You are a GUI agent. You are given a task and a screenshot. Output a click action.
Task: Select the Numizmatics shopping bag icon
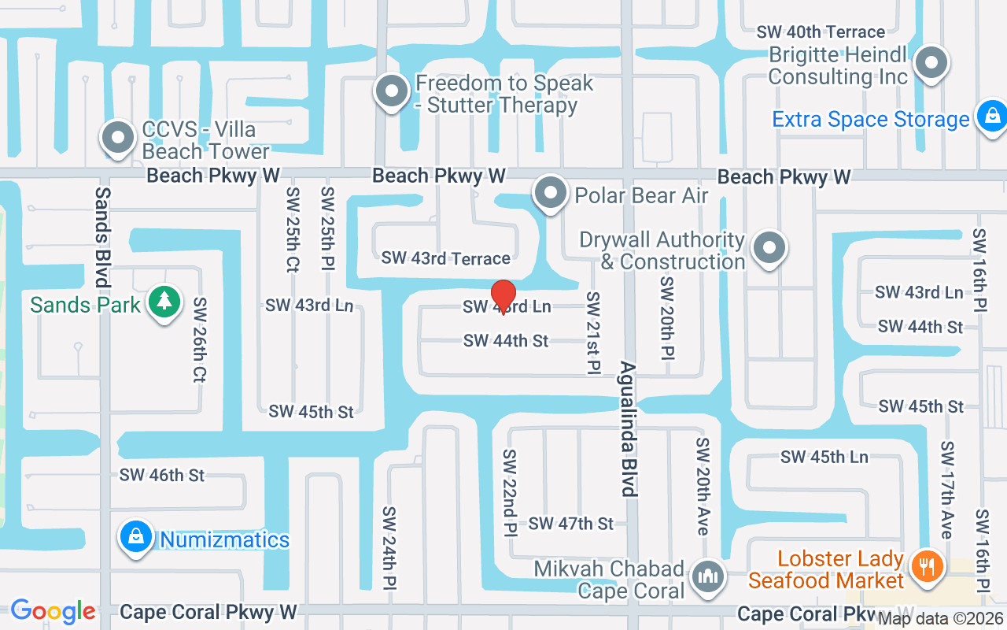click(136, 539)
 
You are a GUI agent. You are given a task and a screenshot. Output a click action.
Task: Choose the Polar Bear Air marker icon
click(550, 193)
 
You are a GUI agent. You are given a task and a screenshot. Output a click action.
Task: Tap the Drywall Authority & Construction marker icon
click(769, 249)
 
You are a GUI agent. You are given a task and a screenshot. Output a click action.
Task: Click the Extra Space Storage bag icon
click(991, 117)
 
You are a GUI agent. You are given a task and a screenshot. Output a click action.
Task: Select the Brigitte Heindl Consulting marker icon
click(931, 62)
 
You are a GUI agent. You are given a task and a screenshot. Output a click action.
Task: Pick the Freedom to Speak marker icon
click(391, 92)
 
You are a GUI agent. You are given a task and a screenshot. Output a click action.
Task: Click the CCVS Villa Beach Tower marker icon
click(118, 139)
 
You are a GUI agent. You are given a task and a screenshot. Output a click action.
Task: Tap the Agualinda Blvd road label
click(629, 429)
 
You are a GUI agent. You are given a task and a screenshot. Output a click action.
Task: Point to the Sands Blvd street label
click(102, 236)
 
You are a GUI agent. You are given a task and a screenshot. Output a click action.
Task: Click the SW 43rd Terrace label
click(446, 258)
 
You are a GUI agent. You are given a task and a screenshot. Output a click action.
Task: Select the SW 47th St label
click(571, 524)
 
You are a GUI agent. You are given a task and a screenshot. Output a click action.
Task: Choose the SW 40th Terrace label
click(821, 32)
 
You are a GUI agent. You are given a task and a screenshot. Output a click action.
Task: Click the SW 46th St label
click(162, 475)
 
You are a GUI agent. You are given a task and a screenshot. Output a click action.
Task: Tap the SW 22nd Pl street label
click(510, 492)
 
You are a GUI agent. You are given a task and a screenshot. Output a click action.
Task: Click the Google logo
click(53, 611)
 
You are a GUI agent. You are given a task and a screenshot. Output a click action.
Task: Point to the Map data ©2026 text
click(940, 620)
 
